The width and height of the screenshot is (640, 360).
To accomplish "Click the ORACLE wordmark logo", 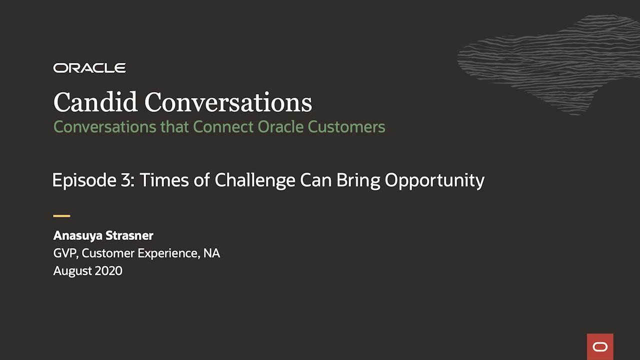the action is coord(89,68).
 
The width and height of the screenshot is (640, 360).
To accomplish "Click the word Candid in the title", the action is coord(95,102).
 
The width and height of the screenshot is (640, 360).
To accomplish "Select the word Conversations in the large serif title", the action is coord(228,102).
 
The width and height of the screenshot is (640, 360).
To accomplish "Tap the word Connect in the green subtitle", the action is coord(223,127).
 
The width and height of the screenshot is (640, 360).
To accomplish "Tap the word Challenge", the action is coord(255,180).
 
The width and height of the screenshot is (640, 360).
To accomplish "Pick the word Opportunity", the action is coord(434,180).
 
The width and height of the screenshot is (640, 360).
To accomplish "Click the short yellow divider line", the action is coord(61,216).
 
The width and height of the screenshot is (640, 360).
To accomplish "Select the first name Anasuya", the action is coord(77,236).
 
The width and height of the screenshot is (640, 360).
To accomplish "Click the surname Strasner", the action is coord(129,235).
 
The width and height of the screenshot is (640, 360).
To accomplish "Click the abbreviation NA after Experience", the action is coord(211,253).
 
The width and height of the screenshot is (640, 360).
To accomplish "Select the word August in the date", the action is coord(72,271).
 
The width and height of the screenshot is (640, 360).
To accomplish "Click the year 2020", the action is coord(108,270).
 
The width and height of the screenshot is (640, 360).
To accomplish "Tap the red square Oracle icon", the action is coord(600,347).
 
